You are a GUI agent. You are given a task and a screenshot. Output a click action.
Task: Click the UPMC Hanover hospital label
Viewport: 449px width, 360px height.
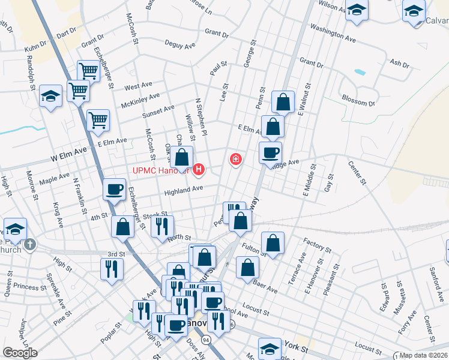pos(160,171)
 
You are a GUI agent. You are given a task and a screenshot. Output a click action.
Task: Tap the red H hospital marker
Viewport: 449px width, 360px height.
pos(198,171)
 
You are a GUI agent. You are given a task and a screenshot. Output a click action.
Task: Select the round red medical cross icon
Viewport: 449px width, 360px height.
pos(236,160)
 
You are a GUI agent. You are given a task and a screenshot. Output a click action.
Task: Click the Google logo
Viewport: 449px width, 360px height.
pos(20,352)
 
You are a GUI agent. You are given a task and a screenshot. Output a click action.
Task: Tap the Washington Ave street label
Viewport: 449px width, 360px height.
pos(330,30)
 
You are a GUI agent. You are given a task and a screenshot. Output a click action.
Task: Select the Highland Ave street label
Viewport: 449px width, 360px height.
pos(184,190)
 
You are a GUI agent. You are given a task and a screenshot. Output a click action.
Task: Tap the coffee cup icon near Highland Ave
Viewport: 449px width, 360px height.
pos(113,190)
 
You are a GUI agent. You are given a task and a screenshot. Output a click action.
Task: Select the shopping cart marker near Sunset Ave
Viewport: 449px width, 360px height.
pos(98,119)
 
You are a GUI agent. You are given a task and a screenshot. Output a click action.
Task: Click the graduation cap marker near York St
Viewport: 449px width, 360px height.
pos(270,349)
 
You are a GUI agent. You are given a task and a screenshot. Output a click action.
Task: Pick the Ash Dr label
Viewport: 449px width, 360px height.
pos(399,62)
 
